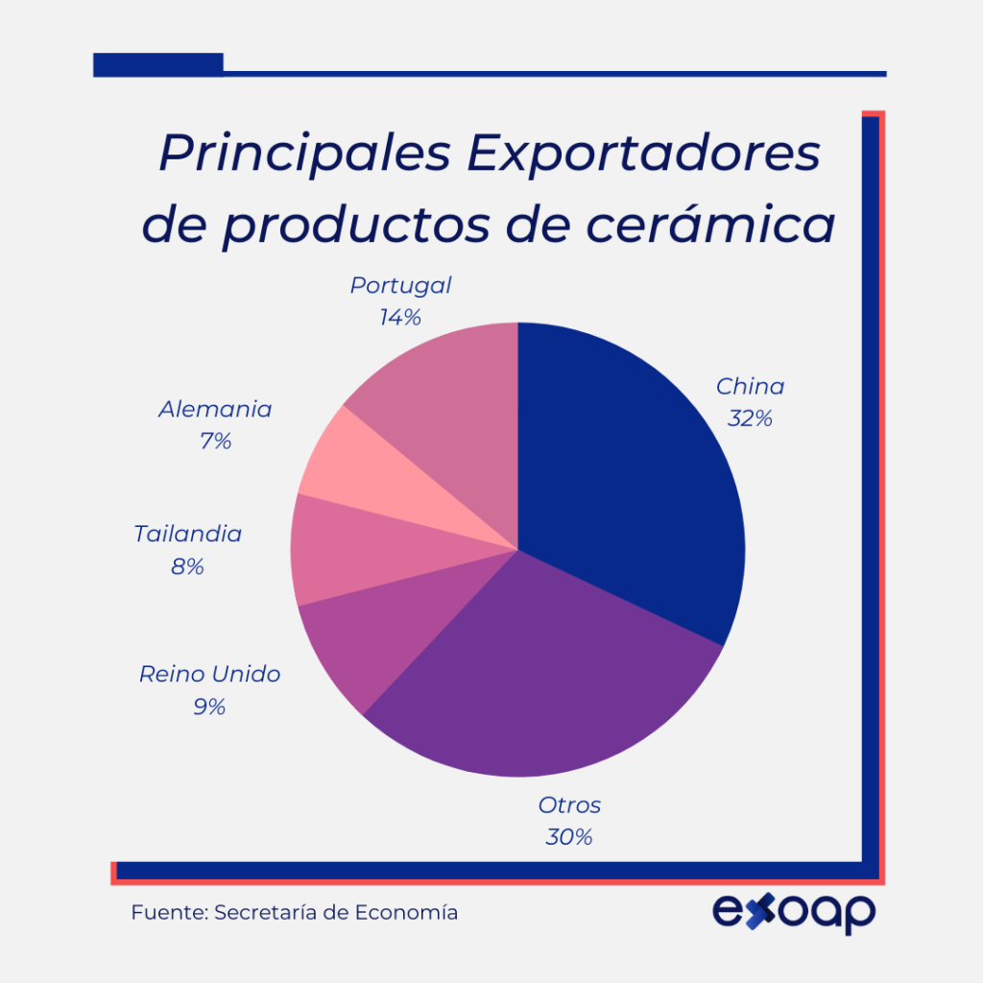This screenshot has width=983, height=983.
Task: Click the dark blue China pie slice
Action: (634, 480)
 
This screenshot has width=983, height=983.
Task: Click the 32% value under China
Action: (750, 420)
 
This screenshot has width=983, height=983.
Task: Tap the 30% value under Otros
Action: (568, 837)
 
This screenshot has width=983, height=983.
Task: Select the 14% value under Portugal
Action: (399, 318)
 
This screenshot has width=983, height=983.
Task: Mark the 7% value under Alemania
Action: (215, 442)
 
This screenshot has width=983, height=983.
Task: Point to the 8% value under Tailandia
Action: (187, 566)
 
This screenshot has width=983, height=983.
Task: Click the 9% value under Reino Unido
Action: (208, 707)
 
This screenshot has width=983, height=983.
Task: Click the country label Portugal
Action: (400, 285)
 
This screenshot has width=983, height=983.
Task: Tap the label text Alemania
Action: (215, 410)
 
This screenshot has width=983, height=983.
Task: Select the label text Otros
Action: (569, 804)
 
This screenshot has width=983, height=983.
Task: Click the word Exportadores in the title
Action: (643, 154)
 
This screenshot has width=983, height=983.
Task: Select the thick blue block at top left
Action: (158, 64)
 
